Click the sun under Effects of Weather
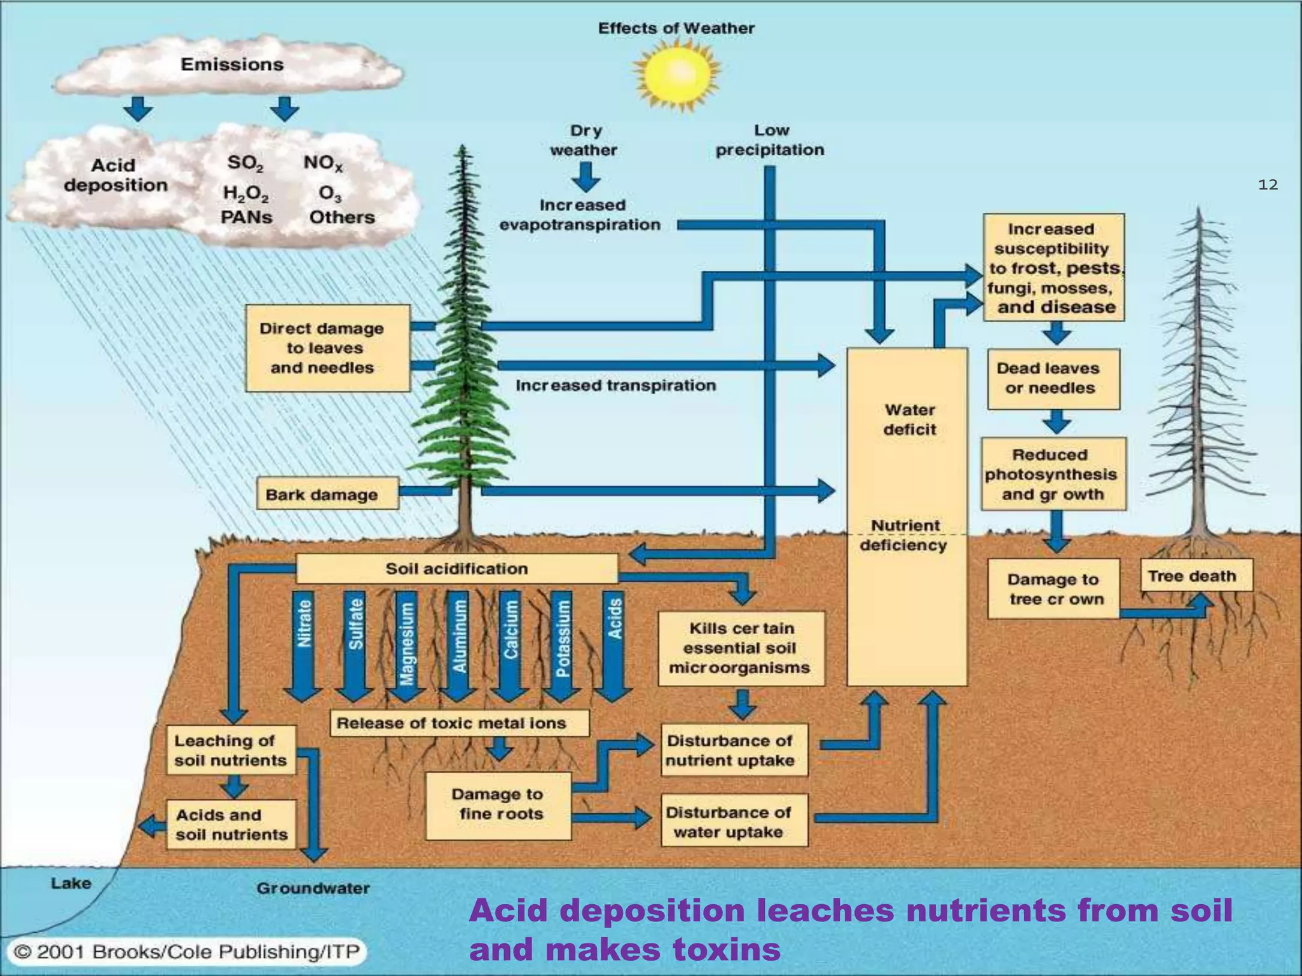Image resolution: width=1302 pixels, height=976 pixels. [676, 75]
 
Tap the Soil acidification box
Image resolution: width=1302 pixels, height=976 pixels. [456, 569]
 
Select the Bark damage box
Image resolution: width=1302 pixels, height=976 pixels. [327, 494]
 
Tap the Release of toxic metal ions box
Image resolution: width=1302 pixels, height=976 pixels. [459, 722]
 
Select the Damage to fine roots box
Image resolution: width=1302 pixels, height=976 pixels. [498, 804]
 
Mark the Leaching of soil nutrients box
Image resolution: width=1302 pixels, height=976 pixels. [231, 750]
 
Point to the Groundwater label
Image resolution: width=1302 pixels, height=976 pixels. [313, 888]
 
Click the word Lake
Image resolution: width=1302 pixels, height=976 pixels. [71, 883]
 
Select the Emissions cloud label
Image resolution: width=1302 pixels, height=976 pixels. [232, 64]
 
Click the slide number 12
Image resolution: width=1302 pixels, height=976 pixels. [1268, 185]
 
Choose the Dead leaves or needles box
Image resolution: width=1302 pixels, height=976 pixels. [1053, 379]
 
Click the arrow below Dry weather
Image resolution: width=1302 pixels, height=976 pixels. [585, 177]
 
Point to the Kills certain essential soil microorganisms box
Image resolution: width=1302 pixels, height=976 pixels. [741, 648]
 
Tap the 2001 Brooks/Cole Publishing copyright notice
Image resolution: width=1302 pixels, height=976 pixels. [187, 952]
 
